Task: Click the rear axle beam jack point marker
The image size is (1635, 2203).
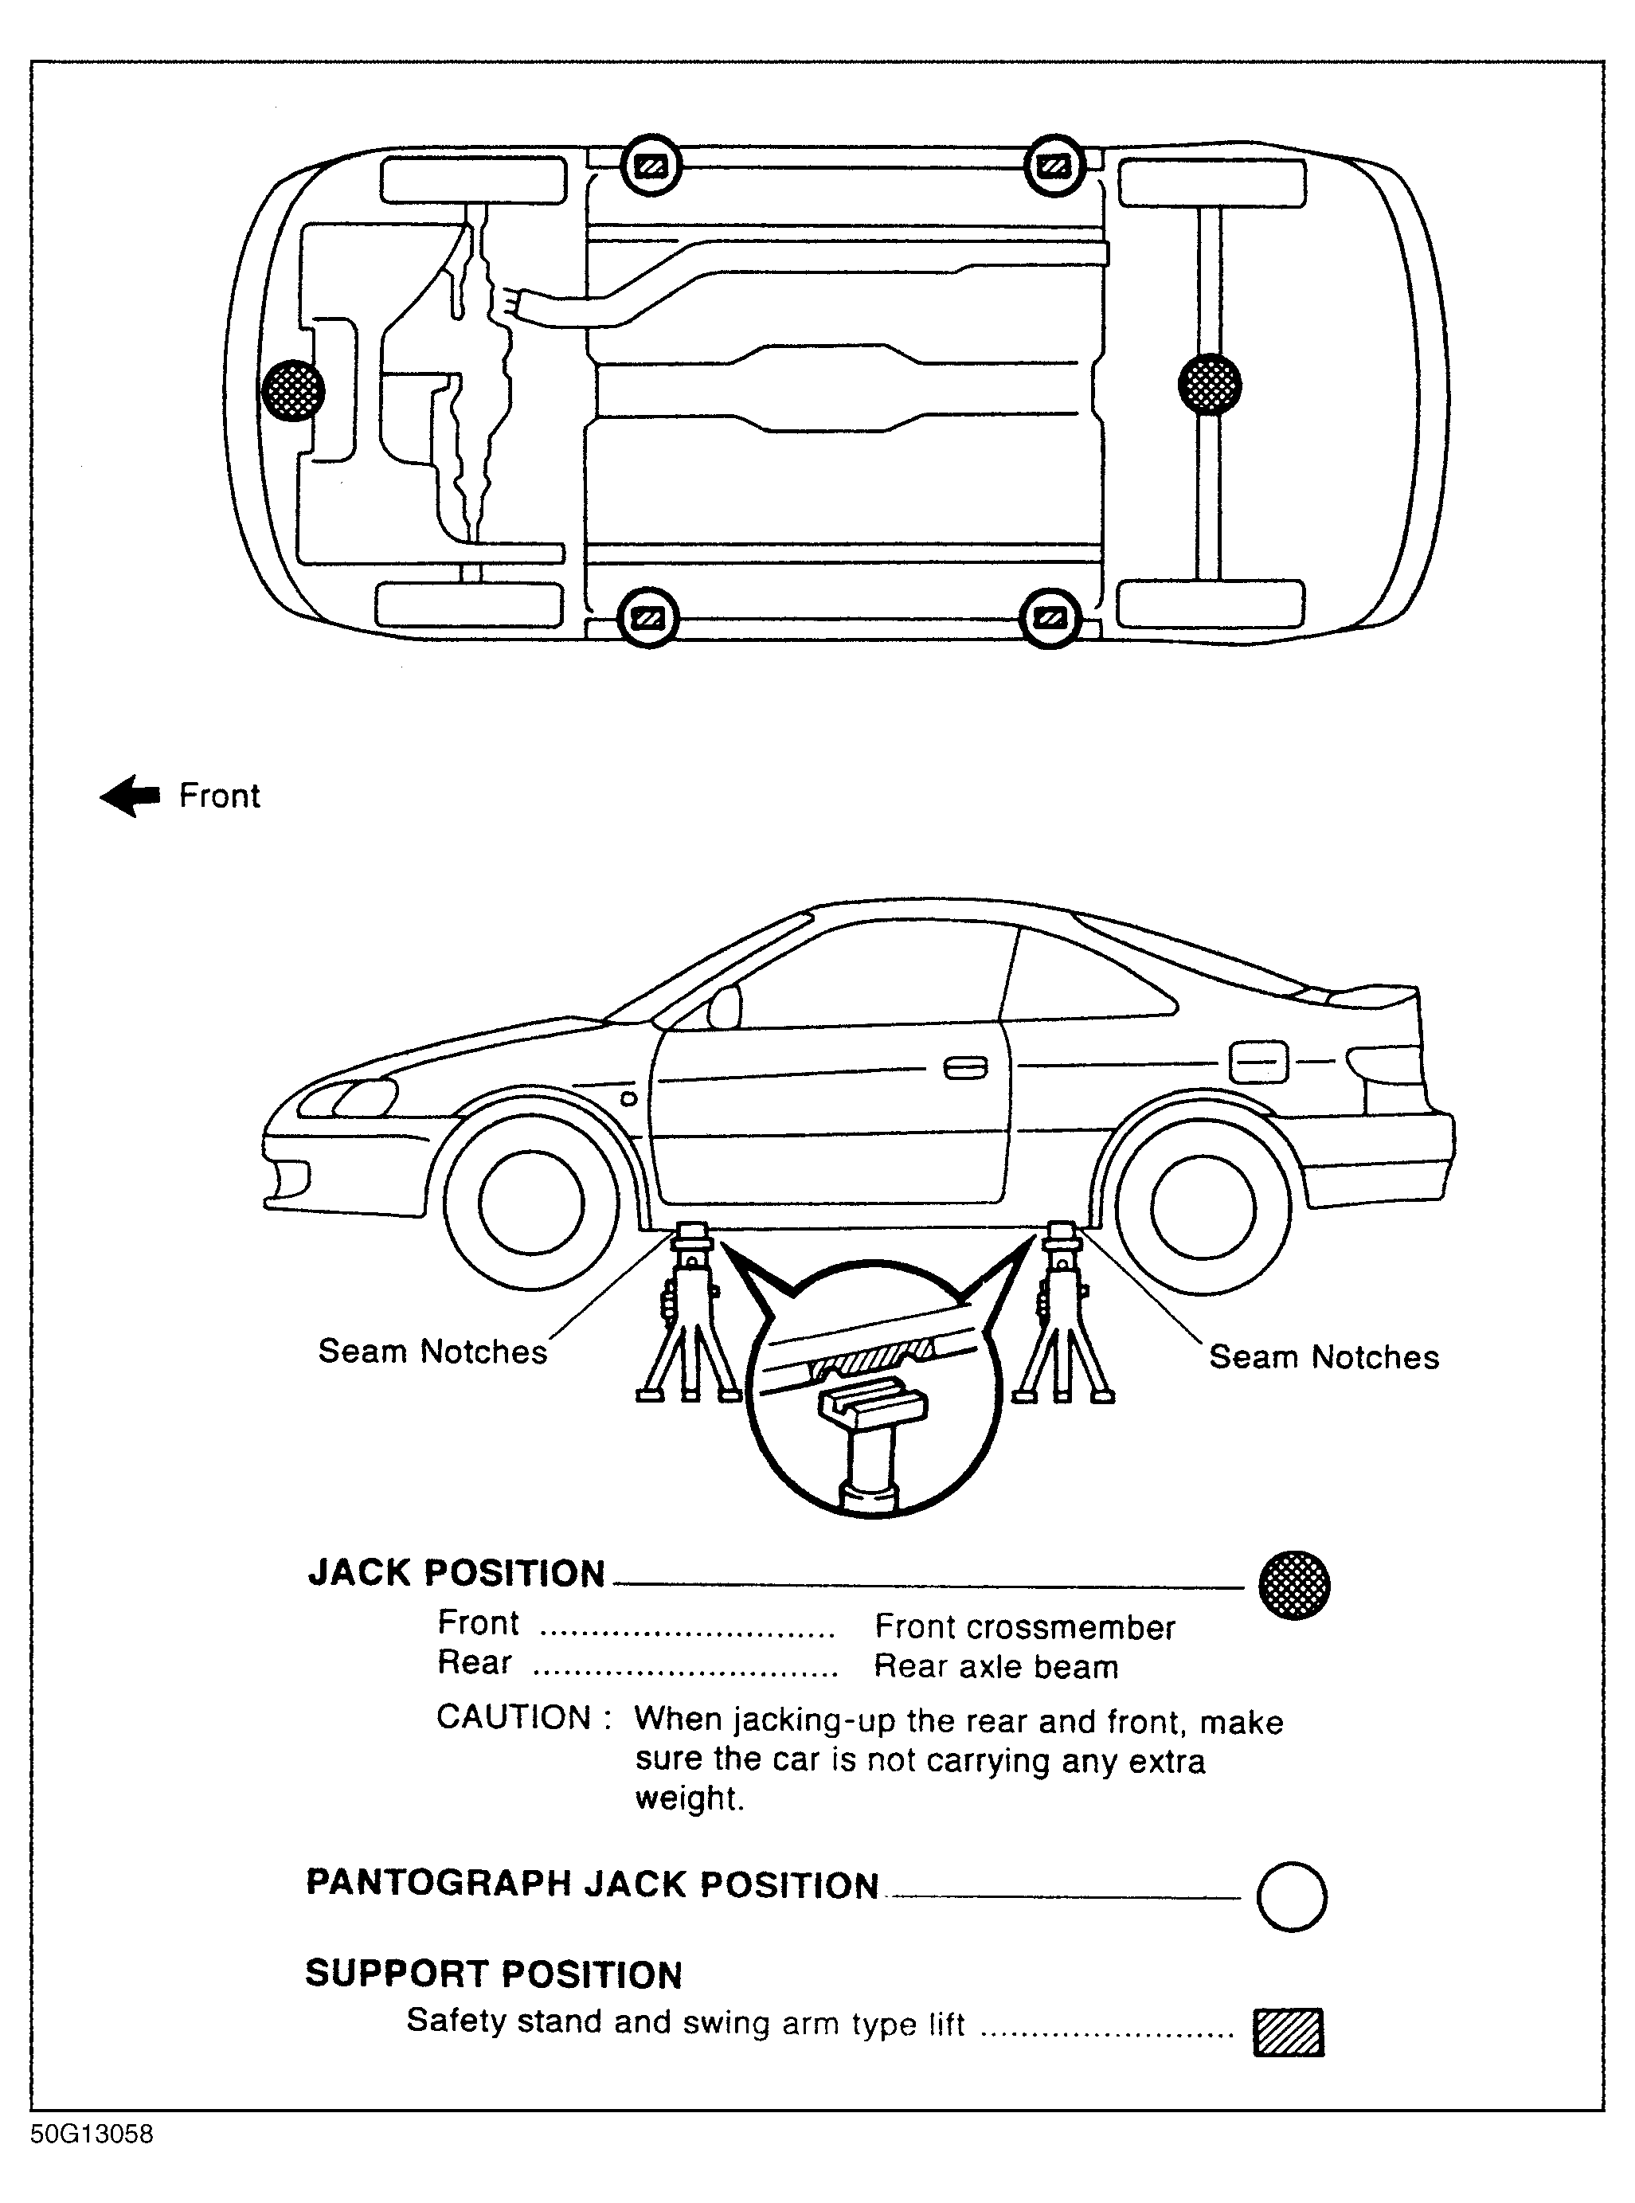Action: [x=1210, y=384]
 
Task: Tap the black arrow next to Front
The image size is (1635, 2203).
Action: [x=131, y=796]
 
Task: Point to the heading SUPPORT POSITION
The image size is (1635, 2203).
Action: [x=494, y=1974]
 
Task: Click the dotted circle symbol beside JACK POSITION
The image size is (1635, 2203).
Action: [x=1293, y=1584]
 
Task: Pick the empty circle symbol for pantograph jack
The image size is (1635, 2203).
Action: [x=1292, y=1896]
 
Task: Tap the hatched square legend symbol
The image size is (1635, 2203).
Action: [x=1288, y=2033]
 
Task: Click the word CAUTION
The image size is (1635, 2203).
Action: [x=514, y=1718]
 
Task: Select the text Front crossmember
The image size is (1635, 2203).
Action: [x=1024, y=1628]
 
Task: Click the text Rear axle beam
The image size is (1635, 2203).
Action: [x=995, y=1668]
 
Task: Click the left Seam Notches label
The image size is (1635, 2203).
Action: [x=432, y=1352]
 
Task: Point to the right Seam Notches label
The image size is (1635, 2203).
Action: [x=1324, y=1357]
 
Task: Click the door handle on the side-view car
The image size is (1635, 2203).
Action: [x=965, y=1069]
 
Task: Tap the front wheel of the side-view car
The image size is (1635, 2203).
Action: [x=530, y=1203]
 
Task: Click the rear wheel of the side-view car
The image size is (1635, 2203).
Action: [x=1203, y=1207]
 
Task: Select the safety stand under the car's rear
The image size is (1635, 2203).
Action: [x=1061, y=1317]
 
